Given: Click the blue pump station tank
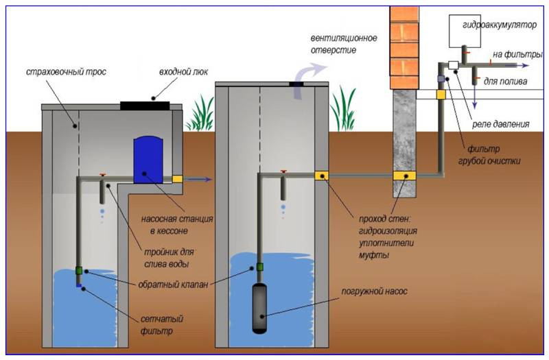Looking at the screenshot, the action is [x=148, y=160].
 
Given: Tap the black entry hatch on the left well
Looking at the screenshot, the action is [x=145, y=106].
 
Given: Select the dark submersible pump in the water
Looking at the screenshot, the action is [x=259, y=308].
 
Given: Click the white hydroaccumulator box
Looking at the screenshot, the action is [x=465, y=31].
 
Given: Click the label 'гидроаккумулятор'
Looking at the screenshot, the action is [x=500, y=25].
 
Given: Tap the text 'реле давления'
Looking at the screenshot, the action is [x=501, y=124].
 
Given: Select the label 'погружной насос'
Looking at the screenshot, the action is [x=374, y=291].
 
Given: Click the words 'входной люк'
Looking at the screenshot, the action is [x=183, y=72].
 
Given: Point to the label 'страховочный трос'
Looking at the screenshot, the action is [x=66, y=72].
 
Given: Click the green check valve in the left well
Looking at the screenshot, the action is [x=79, y=270].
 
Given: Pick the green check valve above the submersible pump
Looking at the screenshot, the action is [x=260, y=267].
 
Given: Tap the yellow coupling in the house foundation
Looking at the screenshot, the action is [x=404, y=176].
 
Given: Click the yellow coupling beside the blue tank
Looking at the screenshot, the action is [x=177, y=179].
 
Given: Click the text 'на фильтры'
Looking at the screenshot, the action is [x=517, y=55].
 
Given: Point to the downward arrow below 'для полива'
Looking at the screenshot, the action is [x=475, y=97].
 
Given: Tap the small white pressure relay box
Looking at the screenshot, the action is [x=454, y=64].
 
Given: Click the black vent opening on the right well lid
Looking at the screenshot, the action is [x=296, y=84].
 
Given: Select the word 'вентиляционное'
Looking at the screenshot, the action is [x=344, y=38].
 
